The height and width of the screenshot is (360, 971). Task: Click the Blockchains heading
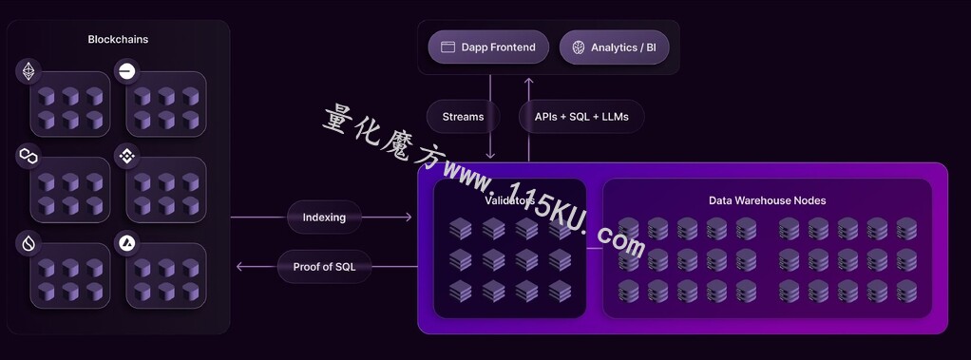118,39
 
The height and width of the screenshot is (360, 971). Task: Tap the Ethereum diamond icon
29,72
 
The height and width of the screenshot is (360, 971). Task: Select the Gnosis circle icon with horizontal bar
127,72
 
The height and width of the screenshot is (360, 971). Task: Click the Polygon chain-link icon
29,156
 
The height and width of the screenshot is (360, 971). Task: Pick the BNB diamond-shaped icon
127,156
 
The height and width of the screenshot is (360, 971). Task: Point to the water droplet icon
29,243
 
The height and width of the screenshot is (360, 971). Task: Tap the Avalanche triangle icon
127,243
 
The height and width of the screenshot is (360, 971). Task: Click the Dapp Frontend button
488,47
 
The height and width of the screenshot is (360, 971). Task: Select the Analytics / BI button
615,47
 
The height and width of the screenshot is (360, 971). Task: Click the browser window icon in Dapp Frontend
447,47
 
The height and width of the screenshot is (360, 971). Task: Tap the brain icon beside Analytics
579,47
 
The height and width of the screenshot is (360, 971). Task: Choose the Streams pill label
464,117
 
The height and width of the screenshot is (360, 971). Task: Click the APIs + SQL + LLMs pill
581,117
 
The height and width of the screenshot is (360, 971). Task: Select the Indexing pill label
324,217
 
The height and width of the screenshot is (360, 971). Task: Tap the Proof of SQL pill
325,267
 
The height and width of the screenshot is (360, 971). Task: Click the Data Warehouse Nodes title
768,200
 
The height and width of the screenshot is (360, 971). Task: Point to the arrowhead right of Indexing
409,217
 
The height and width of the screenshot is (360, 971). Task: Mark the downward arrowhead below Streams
490,155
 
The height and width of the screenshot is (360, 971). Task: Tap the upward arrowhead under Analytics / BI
529,81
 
